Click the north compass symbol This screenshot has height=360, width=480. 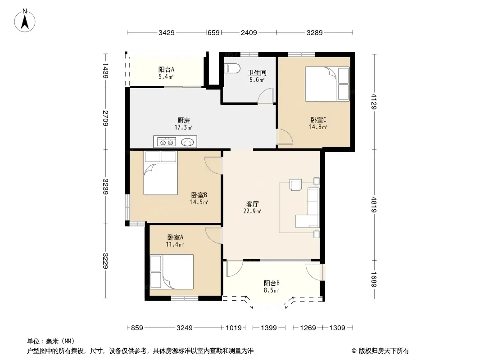pyautogui.click(x=25, y=21)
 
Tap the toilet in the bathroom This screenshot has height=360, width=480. pyautogui.click(x=232, y=68)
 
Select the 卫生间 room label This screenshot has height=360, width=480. pyautogui.click(x=257, y=72)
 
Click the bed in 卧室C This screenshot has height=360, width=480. pyautogui.click(x=327, y=84)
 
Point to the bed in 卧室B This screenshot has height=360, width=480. pyautogui.click(x=160, y=173)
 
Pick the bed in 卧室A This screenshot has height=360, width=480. pyautogui.click(x=172, y=272)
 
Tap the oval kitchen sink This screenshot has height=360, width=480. pyautogui.click(x=187, y=142)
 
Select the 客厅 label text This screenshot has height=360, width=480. pyautogui.click(x=253, y=204)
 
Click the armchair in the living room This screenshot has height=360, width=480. pyautogui.click(x=295, y=185)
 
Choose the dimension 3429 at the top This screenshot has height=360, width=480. pyautogui.click(x=167, y=32)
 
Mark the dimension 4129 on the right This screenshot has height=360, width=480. pyautogui.click(x=374, y=101)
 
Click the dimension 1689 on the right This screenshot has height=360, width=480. pyautogui.click(x=374, y=279)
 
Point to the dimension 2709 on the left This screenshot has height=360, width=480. pyautogui.click(x=105, y=118)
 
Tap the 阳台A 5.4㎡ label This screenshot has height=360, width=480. pyautogui.click(x=166, y=73)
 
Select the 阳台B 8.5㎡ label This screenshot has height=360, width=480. pyautogui.click(x=272, y=287)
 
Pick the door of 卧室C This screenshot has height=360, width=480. pyautogui.click(x=285, y=137)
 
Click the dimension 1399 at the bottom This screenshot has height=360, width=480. pyautogui.click(x=269, y=328)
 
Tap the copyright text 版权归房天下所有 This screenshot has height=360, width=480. pyautogui.click(x=384, y=351)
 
